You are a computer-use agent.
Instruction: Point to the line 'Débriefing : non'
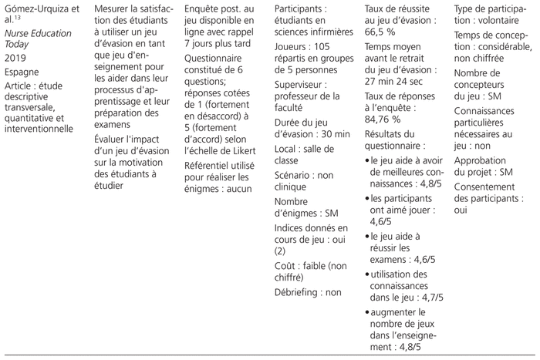pyautogui.click(x=308, y=293)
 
